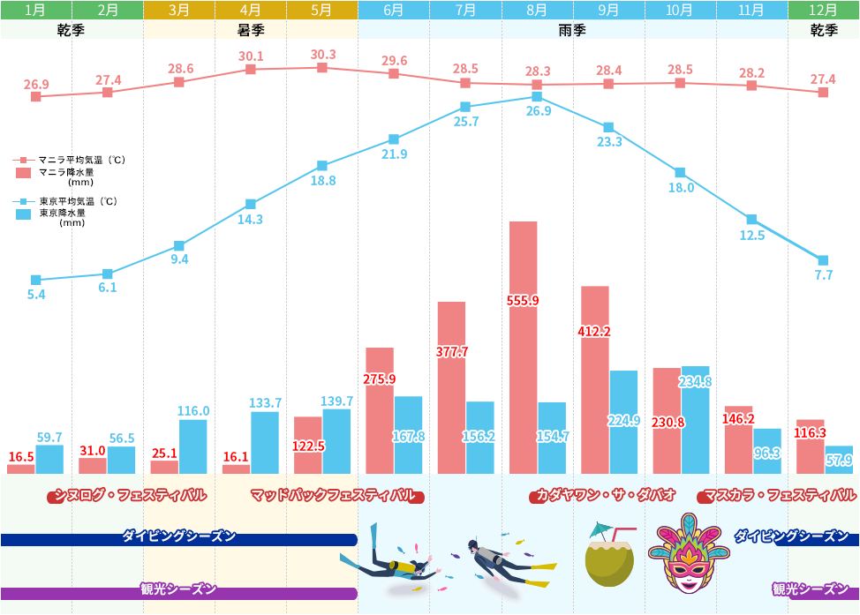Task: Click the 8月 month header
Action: pos(537,11)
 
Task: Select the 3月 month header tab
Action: pos(178,11)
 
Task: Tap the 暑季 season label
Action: pos(251,30)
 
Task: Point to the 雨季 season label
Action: pos(573,30)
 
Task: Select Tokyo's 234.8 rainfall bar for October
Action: pos(695,420)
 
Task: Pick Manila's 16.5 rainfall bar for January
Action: pos(21,469)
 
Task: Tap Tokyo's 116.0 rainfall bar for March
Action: pos(192,446)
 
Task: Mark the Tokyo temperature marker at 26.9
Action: pos(537,97)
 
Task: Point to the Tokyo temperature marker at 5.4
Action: pos(36,280)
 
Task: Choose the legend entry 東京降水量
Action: pos(62,213)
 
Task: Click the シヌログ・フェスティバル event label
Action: pos(130,495)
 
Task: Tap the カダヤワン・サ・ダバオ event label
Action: pos(605,495)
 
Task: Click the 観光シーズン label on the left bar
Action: pos(177,589)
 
